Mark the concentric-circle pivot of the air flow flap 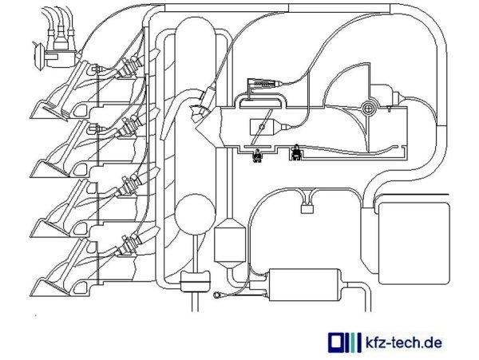point(368,107)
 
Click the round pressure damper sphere point(195,212)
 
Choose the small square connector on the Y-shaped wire point(307,210)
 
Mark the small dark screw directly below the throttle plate point(257,156)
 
